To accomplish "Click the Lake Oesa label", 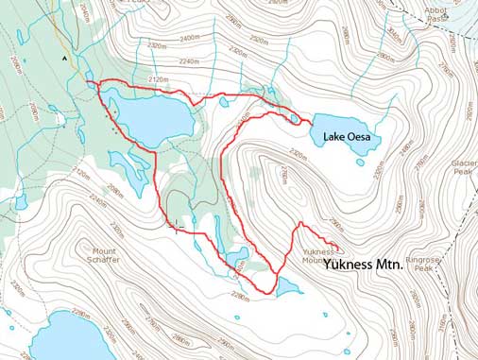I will tap(351, 138).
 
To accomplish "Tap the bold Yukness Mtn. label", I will tap(364, 266).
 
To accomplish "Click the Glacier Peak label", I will tap(462, 166).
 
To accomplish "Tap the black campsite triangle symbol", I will tap(64, 58).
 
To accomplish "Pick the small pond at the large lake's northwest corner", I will tap(92, 85).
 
